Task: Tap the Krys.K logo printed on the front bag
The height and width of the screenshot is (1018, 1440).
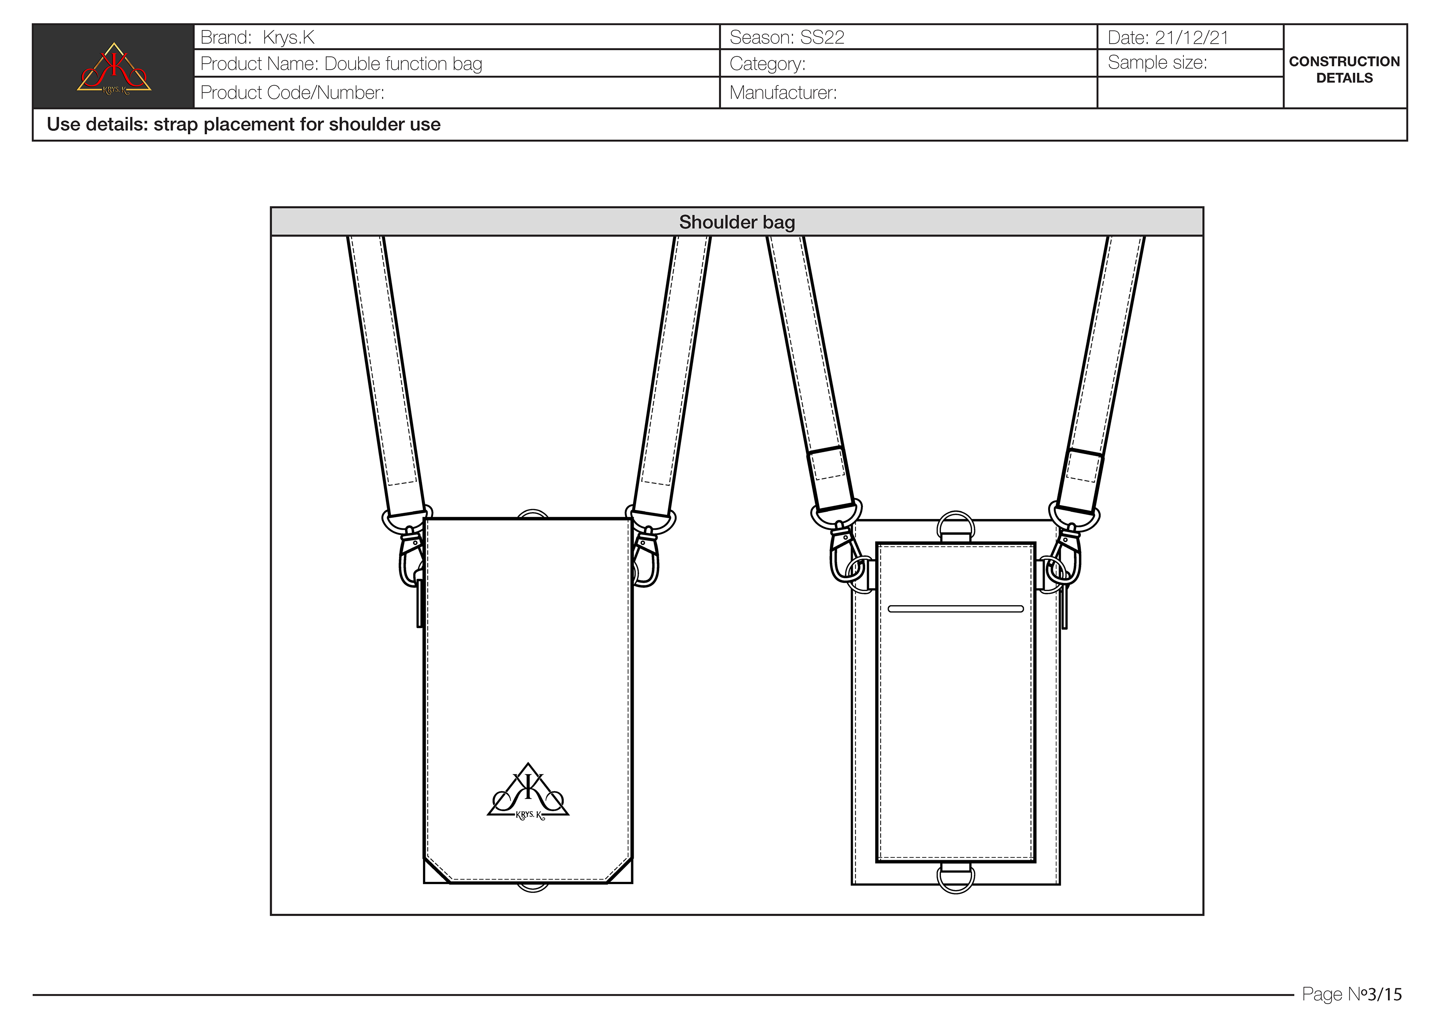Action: tap(528, 792)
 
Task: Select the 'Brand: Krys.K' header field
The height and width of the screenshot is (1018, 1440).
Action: tap(257, 37)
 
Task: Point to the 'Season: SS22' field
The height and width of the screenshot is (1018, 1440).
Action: tap(786, 37)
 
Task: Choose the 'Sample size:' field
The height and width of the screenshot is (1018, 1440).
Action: tap(1157, 63)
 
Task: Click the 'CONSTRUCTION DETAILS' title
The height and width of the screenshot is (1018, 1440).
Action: tap(1344, 70)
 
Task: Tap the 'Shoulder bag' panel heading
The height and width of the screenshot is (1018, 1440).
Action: tap(737, 222)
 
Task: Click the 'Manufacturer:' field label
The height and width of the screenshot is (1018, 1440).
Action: tap(783, 93)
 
